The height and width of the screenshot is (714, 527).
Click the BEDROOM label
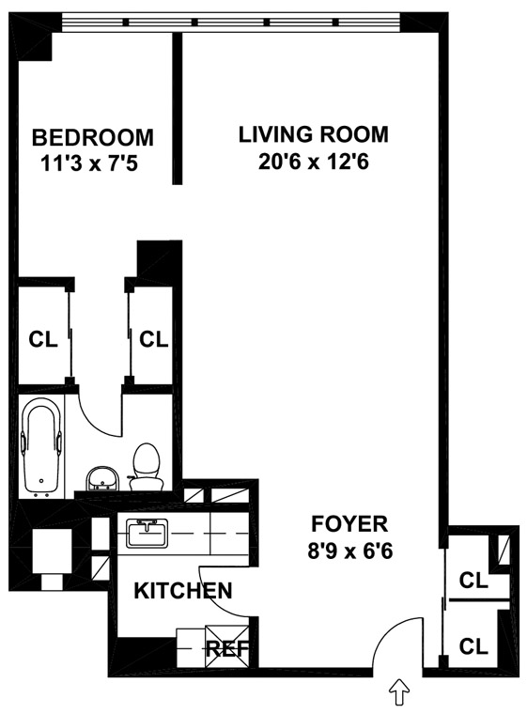(92, 137)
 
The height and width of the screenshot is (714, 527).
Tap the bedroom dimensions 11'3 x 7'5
(89, 163)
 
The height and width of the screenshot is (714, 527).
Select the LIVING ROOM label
(314, 134)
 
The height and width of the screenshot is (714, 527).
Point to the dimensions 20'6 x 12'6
(314, 162)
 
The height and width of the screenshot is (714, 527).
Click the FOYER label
(349, 523)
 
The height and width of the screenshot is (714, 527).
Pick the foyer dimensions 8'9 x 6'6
(349, 551)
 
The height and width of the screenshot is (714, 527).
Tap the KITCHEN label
(183, 591)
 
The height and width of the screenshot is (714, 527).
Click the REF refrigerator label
(227, 648)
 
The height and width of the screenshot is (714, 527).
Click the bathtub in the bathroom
(42, 447)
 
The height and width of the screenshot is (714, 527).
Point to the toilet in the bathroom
(147, 467)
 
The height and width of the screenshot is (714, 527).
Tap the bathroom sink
(102, 479)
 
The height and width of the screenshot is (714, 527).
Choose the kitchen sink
(147, 533)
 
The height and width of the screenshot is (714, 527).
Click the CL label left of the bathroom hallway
(43, 339)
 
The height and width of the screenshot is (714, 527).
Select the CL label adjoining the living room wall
(153, 339)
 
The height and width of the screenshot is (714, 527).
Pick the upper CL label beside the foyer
(473, 581)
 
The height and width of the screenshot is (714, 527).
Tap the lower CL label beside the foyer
(473, 645)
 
